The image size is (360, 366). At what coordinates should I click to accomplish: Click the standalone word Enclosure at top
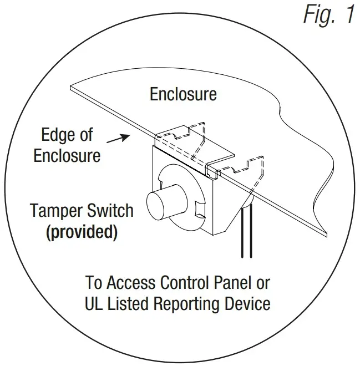click(x=183, y=94)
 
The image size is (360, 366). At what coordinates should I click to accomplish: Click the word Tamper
click(x=58, y=211)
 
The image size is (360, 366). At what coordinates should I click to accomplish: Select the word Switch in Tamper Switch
click(x=110, y=211)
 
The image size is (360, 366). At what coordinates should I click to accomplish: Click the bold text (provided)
click(x=81, y=232)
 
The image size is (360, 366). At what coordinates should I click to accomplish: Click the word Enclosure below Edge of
click(x=67, y=156)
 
